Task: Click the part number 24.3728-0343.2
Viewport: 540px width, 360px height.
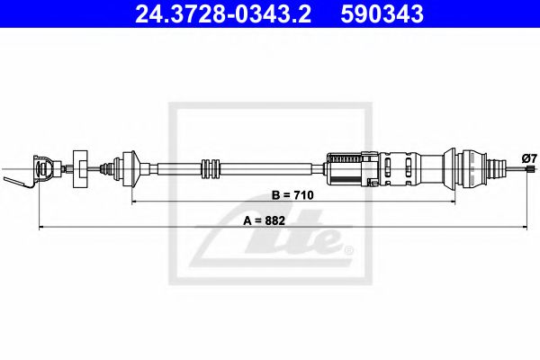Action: pyautogui.click(x=223, y=14)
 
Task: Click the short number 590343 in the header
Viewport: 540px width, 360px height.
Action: pyautogui.click(x=382, y=14)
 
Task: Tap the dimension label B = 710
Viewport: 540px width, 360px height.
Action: pyautogui.click(x=292, y=195)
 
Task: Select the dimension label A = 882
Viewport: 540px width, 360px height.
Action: pyautogui.click(x=264, y=220)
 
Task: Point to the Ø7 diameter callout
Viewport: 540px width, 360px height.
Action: pyautogui.click(x=529, y=158)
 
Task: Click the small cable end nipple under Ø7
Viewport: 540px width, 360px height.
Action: pyautogui.click(x=530, y=169)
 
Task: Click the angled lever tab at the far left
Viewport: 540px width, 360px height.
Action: pyautogui.click(x=17, y=183)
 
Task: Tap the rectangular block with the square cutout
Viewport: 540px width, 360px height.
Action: pyautogui.click(x=80, y=169)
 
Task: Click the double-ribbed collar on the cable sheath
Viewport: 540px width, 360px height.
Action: pyautogui.click(x=210, y=169)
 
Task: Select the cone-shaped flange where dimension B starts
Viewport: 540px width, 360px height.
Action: pyautogui.click(x=131, y=169)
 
